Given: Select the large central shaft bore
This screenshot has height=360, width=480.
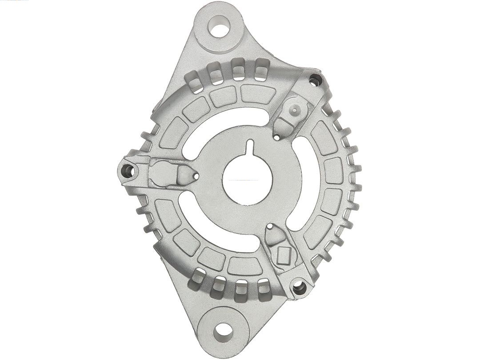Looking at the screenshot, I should [x=245, y=180].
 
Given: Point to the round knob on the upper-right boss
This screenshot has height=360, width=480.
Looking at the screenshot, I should [x=295, y=108].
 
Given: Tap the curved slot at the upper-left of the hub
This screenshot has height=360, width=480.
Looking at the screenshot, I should [x=202, y=129].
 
